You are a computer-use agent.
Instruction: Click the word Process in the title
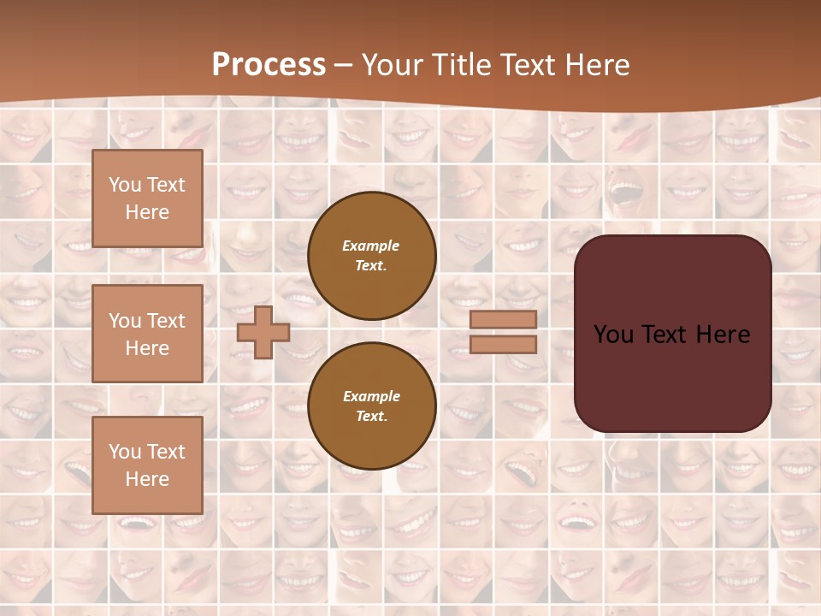(269, 65)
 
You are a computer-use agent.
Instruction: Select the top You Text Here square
(147, 198)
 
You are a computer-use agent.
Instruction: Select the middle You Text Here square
(147, 334)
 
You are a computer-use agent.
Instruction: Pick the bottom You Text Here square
(147, 465)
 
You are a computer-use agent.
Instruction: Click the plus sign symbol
(263, 332)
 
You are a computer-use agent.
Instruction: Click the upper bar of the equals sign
(504, 319)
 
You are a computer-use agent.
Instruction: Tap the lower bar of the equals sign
(504, 344)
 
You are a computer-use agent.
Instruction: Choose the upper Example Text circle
(372, 255)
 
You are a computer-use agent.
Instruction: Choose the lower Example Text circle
(372, 406)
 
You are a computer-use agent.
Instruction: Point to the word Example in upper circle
(371, 246)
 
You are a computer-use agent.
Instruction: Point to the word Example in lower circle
(371, 396)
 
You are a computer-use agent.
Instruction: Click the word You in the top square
(125, 185)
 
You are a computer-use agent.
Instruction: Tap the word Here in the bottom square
(147, 479)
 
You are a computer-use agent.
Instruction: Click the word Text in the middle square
(166, 321)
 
